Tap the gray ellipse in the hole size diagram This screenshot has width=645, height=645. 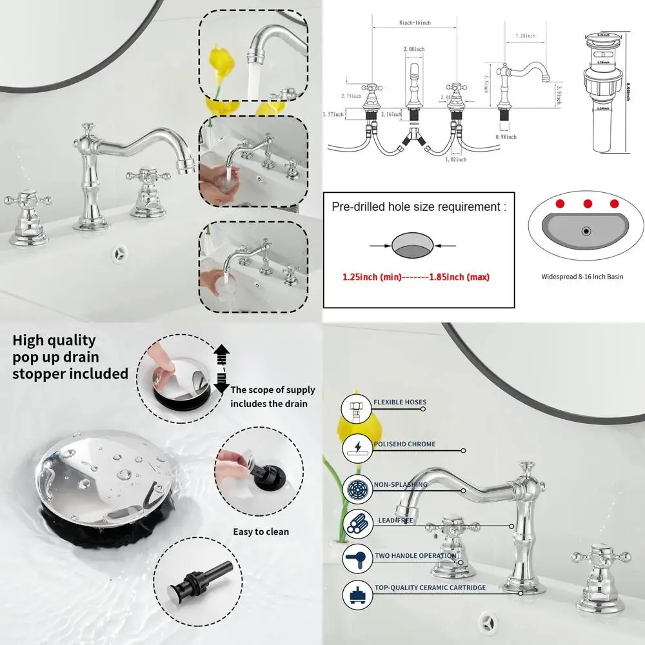413,246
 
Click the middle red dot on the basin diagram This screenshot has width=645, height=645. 588,204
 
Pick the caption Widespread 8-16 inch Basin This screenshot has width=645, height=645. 582,277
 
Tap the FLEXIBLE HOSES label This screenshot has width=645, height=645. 400,402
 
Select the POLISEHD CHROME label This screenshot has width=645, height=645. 404,444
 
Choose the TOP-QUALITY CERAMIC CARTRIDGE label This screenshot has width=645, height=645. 430,588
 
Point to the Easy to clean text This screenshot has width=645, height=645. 261,531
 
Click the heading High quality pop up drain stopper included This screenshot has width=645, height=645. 70,357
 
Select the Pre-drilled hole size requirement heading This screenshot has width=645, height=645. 419,207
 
